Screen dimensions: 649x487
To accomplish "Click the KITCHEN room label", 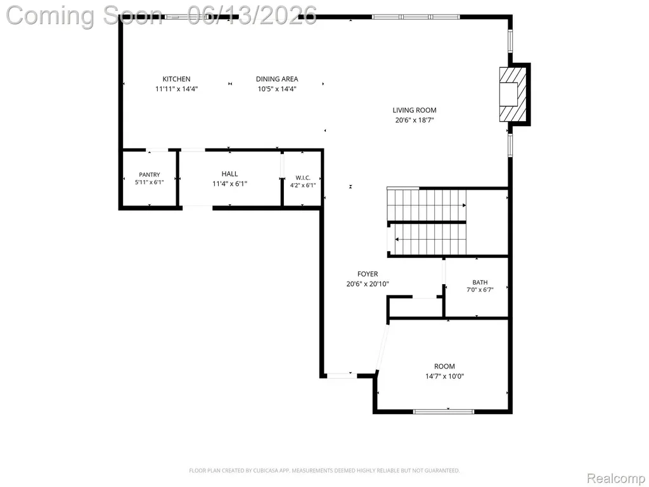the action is pyautogui.click(x=176, y=79).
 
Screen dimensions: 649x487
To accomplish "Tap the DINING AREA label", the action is pyautogui.click(x=277, y=79).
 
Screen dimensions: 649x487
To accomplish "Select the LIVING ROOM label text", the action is pyautogui.click(x=414, y=110).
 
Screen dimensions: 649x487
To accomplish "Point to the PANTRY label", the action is pyautogui.click(x=150, y=175).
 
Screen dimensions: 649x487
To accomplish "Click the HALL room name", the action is pyautogui.click(x=229, y=174).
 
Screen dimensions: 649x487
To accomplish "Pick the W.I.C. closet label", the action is pyautogui.click(x=303, y=178).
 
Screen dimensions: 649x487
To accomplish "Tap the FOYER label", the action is pyautogui.click(x=368, y=274).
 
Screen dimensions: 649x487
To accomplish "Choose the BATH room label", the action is pyautogui.click(x=480, y=282).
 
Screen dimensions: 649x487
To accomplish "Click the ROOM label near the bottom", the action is pyautogui.click(x=444, y=367).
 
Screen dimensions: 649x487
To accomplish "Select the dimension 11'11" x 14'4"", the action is pyautogui.click(x=177, y=89).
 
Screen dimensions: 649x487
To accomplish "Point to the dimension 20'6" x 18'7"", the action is pyautogui.click(x=414, y=120).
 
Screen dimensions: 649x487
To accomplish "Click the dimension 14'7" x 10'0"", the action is pyautogui.click(x=444, y=377).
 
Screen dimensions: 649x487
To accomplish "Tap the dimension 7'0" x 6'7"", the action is pyautogui.click(x=480, y=290).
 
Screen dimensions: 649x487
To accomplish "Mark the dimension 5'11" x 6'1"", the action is pyautogui.click(x=150, y=182).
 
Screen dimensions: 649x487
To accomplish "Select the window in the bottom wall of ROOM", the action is pyautogui.click(x=444, y=412).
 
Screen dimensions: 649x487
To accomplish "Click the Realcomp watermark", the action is pyautogui.click(x=615, y=478).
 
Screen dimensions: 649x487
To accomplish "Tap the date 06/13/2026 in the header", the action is pyautogui.click(x=252, y=15).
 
